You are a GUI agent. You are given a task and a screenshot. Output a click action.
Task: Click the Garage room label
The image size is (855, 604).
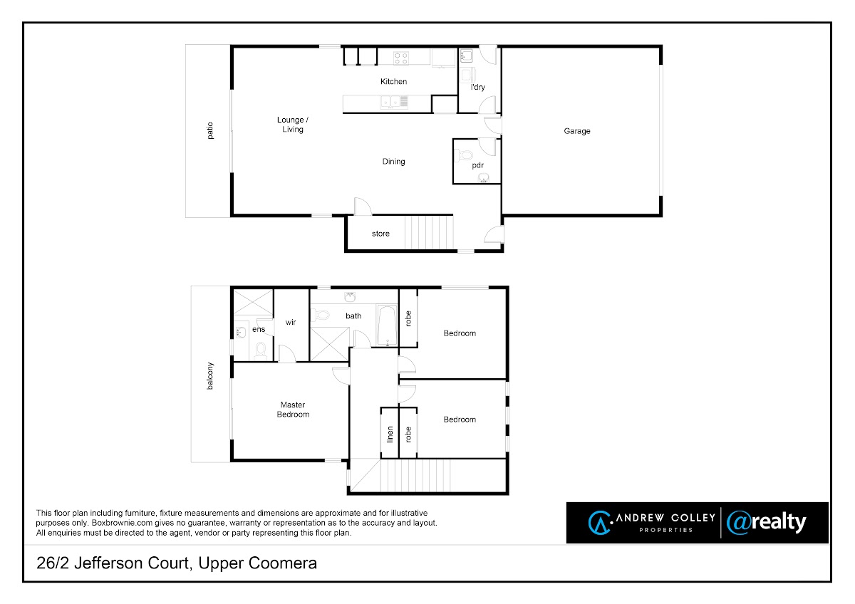coord(576,131)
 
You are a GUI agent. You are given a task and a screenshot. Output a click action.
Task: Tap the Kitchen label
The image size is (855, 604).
coord(393,81)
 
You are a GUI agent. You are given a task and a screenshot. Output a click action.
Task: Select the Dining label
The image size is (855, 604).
coord(393,162)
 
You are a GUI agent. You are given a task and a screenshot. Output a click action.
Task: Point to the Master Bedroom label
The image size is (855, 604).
coord(293,410)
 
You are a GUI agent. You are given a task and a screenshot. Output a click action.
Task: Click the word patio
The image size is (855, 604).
coord(209,130)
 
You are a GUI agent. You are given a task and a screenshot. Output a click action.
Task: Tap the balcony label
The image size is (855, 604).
coord(209,376)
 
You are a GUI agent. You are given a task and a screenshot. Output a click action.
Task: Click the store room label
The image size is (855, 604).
coord(380,234)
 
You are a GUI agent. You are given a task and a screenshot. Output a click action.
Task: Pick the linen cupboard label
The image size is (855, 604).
coord(390,434)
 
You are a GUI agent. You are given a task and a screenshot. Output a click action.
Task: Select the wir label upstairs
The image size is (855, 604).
coord(291,323)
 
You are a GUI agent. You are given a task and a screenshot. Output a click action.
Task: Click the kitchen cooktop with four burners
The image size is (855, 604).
coord(400,58)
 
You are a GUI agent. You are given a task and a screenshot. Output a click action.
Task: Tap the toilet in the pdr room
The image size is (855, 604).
coord(464,156)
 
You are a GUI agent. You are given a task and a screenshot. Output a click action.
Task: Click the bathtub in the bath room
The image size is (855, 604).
coord(387,326)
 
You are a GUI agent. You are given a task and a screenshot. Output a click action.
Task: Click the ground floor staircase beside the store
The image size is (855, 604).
coord(429,233)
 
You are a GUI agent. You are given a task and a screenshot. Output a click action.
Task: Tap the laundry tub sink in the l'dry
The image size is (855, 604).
coord(466,56)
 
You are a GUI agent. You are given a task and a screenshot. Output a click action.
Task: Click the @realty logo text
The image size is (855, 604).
coord(767,523)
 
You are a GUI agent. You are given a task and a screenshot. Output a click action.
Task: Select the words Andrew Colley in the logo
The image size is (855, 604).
coord(665,518)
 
